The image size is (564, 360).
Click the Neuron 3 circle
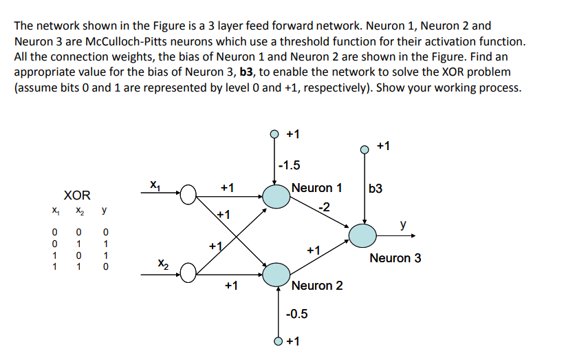coord(362,235)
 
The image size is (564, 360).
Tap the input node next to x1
coord(189,195)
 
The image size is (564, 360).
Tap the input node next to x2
coord(189,274)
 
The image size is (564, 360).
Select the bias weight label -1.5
coord(290,165)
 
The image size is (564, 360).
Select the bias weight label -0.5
coord(297,315)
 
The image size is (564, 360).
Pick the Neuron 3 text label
coord(395,258)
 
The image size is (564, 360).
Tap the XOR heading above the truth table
coord(77,196)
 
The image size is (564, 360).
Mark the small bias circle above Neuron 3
coord(365,147)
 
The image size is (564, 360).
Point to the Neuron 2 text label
coord(317,285)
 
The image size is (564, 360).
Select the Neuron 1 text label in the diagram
coord(317,187)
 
